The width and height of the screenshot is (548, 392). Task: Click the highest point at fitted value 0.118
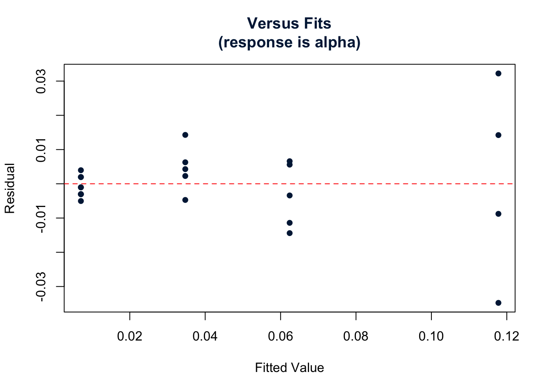point(498,73)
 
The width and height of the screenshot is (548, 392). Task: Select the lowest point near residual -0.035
point(498,303)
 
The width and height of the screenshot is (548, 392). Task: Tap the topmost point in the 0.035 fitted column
point(185,135)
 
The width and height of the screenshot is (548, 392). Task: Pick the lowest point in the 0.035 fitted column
point(185,200)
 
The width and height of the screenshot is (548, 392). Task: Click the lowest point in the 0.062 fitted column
point(289,233)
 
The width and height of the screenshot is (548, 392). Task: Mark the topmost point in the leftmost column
point(81,170)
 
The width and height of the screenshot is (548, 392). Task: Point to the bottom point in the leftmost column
point(81,201)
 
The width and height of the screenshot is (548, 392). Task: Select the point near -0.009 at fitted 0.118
point(498,214)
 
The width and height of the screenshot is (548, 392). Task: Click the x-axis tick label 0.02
point(130,336)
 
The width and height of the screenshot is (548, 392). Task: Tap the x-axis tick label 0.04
point(205,336)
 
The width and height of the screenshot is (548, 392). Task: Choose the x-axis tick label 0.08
point(356,336)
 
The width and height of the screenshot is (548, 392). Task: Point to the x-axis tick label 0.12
point(506,336)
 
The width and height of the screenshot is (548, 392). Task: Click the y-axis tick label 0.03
point(41,81)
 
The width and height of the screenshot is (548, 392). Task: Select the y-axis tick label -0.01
point(41,218)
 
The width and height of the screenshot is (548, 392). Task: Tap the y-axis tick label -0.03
point(41,287)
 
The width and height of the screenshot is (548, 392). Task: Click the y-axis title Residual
point(10,188)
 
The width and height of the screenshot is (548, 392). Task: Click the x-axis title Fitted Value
point(289,368)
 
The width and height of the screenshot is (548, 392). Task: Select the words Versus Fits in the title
point(289,24)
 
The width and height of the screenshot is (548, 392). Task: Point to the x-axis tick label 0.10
point(431,336)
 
